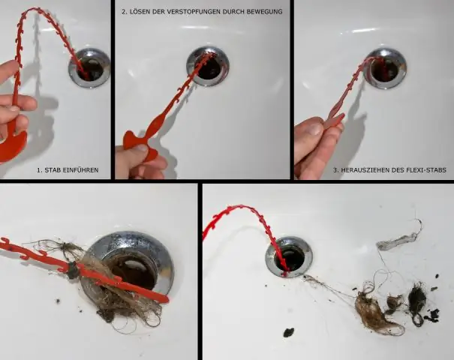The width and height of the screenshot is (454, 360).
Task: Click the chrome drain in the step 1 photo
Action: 89,68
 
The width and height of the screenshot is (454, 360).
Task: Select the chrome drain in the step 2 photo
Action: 208,66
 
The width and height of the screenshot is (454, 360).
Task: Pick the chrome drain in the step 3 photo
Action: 385,68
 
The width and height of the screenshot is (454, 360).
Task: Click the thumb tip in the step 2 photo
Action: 141,148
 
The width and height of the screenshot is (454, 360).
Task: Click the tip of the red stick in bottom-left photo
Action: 166,299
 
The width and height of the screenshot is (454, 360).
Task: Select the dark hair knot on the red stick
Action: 72,269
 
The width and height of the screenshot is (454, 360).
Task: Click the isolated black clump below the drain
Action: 288,332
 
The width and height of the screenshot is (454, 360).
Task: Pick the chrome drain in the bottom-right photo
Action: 289,257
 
